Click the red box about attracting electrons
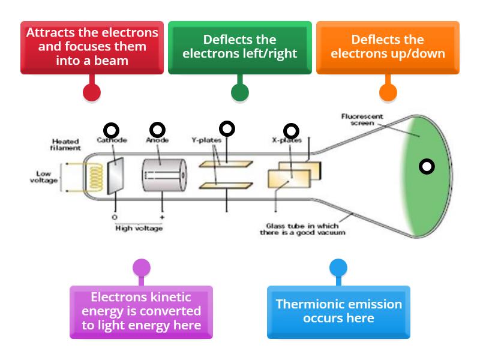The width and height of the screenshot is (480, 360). tap(92, 47)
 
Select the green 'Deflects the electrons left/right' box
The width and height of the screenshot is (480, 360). tap(239, 47)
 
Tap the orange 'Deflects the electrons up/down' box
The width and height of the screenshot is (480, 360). tap(388, 47)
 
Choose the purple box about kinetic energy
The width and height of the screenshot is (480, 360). tap(141, 311)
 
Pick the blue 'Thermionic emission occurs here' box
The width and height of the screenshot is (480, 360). tap(338, 311)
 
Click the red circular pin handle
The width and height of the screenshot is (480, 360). tap(91, 92)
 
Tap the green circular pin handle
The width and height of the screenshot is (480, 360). tap(240, 92)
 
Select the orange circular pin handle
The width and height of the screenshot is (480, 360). tap(388, 92)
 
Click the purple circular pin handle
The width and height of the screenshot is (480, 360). tap(141, 268)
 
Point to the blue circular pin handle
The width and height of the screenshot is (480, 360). tap(338, 268)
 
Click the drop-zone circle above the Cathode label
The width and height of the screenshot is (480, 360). tap(112, 130)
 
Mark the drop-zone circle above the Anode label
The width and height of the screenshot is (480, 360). tap(157, 130)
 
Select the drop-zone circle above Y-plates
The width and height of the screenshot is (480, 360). tap(227, 128)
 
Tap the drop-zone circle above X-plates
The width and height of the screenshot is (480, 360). tap(291, 130)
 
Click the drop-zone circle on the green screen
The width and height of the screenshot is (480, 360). tap(427, 167)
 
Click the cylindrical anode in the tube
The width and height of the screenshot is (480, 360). tap(160, 176)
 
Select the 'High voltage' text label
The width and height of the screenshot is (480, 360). tap(138, 229)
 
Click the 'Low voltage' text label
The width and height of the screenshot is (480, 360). tap(44, 177)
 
